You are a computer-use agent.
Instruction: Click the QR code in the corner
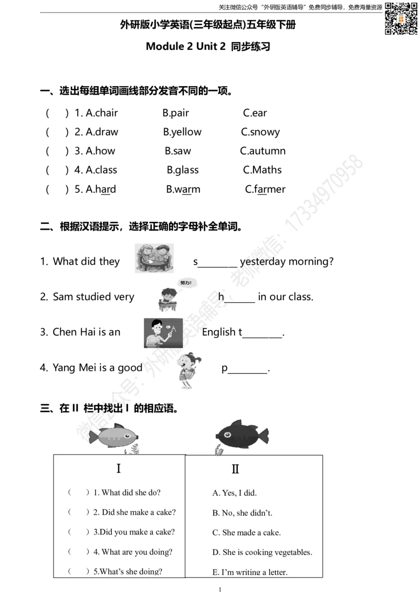401,18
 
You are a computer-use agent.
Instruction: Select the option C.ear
255,113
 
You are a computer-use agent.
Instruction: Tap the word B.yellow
182,132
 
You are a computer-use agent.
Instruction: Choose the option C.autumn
262,151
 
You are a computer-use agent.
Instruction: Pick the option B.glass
183,170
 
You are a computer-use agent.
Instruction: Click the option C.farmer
265,189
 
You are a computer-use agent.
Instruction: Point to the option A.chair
102,113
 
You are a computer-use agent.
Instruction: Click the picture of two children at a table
154,258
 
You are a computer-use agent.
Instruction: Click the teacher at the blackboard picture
163,333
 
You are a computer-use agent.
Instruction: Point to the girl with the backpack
189,371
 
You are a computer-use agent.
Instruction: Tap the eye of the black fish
227,435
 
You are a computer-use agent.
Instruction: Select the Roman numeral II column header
235,469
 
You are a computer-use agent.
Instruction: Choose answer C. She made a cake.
246,533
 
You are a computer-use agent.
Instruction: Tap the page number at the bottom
220,589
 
